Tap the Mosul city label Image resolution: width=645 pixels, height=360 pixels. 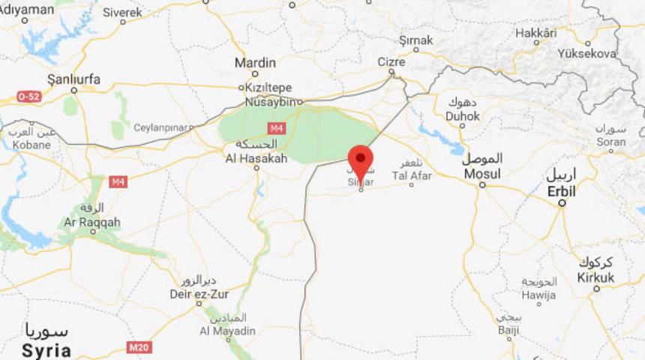pyautogui.click(x=481, y=174)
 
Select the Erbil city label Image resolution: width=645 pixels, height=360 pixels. pyautogui.click(x=561, y=191)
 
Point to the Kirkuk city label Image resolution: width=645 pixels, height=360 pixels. pyautogui.click(x=595, y=277)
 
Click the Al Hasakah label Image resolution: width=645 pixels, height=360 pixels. pyautogui.click(x=256, y=158)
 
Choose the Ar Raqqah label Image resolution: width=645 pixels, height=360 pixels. pyautogui.click(x=91, y=223)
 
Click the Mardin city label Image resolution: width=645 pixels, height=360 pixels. pyautogui.click(x=255, y=63)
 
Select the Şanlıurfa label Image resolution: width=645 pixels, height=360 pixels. pyautogui.click(x=73, y=79)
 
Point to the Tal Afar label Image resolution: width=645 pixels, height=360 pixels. pyautogui.click(x=412, y=175)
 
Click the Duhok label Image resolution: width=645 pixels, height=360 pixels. pyautogui.click(x=462, y=116)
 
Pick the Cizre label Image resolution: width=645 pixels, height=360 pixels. pyautogui.click(x=391, y=62)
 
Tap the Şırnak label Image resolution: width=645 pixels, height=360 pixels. pyautogui.click(x=417, y=40)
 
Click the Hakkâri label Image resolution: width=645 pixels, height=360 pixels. pyautogui.click(x=536, y=33)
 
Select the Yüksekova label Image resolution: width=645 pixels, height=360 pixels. pyautogui.click(x=587, y=54)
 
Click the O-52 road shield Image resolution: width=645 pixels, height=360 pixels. pyautogui.click(x=28, y=97)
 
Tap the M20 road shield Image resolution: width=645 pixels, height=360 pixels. pyautogui.click(x=138, y=346)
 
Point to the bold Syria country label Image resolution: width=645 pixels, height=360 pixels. pyautogui.click(x=46, y=350)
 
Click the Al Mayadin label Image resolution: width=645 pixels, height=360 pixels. pyautogui.click(x=227, y=331)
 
